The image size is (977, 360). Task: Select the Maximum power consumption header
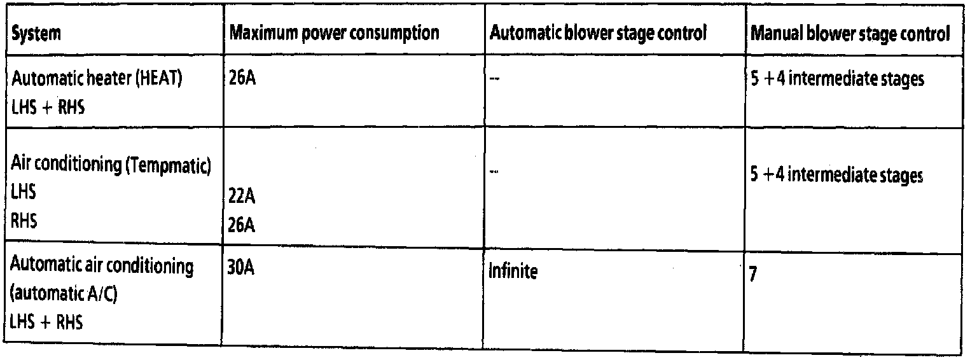coord(334,34)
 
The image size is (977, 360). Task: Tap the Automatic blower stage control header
coord(597,34)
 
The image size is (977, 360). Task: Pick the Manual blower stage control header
coord(850,34)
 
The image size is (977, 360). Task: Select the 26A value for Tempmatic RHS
coord(242,225)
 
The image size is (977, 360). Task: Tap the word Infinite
coord(513,272)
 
